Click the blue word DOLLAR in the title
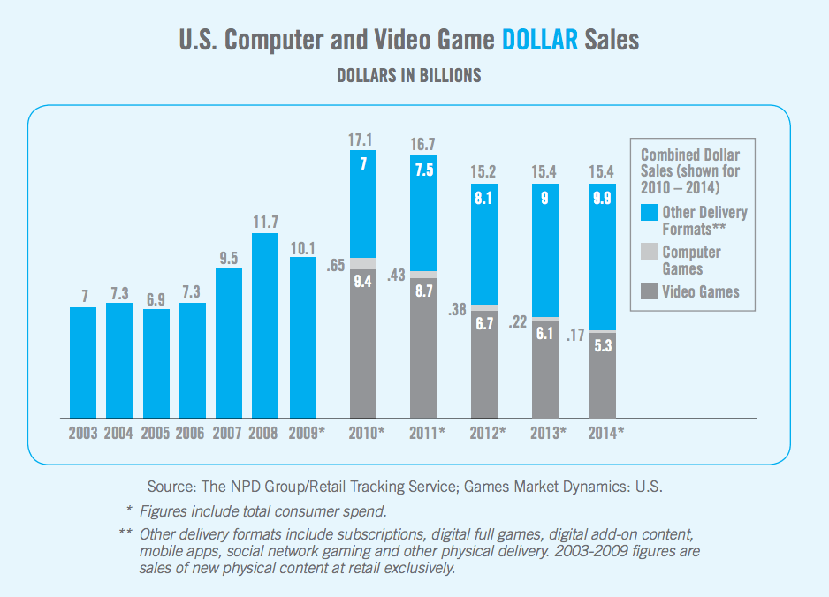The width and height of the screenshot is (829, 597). coord(540,40)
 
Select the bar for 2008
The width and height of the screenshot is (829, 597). coord(265,326)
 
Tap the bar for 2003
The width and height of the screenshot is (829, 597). coord(83,362)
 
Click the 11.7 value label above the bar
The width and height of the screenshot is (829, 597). coord(265,222)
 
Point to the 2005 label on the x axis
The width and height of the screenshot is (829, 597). coord(155,434)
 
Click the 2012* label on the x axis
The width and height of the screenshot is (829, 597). coord(488,434)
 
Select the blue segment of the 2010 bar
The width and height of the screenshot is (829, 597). coord(363,204)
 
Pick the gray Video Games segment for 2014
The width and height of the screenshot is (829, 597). coord(603,375)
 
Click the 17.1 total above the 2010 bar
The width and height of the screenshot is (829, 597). coord(360,140)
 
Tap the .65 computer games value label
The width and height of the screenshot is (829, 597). coord(336,265)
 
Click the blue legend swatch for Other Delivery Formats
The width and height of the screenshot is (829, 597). coord(650,212)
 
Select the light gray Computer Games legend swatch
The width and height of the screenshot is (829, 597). coord(650,252)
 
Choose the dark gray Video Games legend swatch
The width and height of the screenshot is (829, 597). coord(650,291)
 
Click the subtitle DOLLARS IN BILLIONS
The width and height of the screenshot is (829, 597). coord(409,76)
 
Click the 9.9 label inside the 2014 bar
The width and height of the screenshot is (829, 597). coord(602,198)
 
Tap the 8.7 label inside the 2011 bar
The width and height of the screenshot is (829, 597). coord(424,291)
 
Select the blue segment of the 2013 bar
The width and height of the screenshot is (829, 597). coord(545,251)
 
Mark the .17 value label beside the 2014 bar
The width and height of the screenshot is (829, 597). coord(575,335)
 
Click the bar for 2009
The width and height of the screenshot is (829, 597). coord(303,337)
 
